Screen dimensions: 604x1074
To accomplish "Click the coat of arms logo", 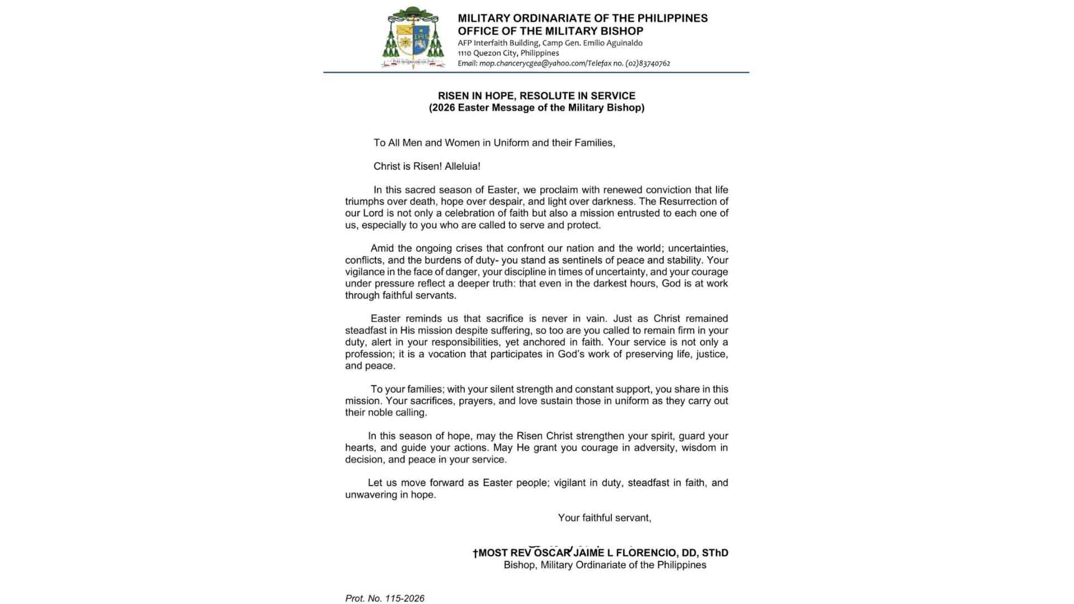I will [x=413, y=38].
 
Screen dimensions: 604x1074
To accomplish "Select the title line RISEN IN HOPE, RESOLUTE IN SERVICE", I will [x=536, y=96].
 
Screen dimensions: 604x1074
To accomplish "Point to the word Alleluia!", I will [x=462, y=167].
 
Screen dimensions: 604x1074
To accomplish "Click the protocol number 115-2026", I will [x=404, y=598].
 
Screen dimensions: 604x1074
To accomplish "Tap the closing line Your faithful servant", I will [x=604, y=518].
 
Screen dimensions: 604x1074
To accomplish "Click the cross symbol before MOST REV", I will [x=475, y=554].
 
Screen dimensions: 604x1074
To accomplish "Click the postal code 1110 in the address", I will [x=464, y=54].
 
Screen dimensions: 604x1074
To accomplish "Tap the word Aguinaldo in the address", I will [x=623, y=43].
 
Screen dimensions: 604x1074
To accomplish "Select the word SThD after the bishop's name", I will [x=715, y=553].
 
